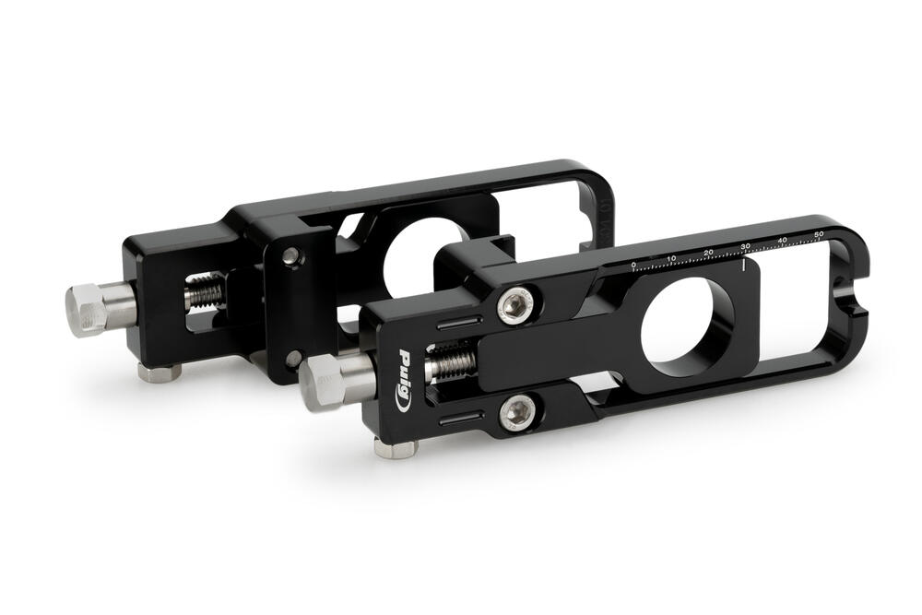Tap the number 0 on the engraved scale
633,265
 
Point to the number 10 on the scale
671,258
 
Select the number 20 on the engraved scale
708,252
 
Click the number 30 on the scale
745,246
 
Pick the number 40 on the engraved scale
783,241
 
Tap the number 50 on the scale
819,236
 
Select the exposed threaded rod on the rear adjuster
208,292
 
